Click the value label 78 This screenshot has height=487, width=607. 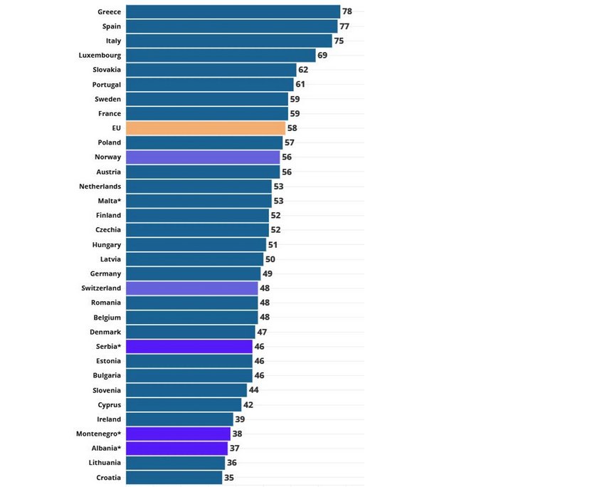coord(347,11)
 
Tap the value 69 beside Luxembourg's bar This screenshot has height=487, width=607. coord(322,55)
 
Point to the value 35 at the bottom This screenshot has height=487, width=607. coord(229,478)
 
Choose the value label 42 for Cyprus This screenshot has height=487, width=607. coord(248,405)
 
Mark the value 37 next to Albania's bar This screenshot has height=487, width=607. coord(235,449)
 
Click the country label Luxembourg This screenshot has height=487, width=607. coord(100,55)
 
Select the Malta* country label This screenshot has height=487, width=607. coord(110,201)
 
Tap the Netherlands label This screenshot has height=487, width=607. coord(100,187)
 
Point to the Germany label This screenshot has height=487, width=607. coord(105,274)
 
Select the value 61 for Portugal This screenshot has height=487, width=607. coord(300,84)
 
